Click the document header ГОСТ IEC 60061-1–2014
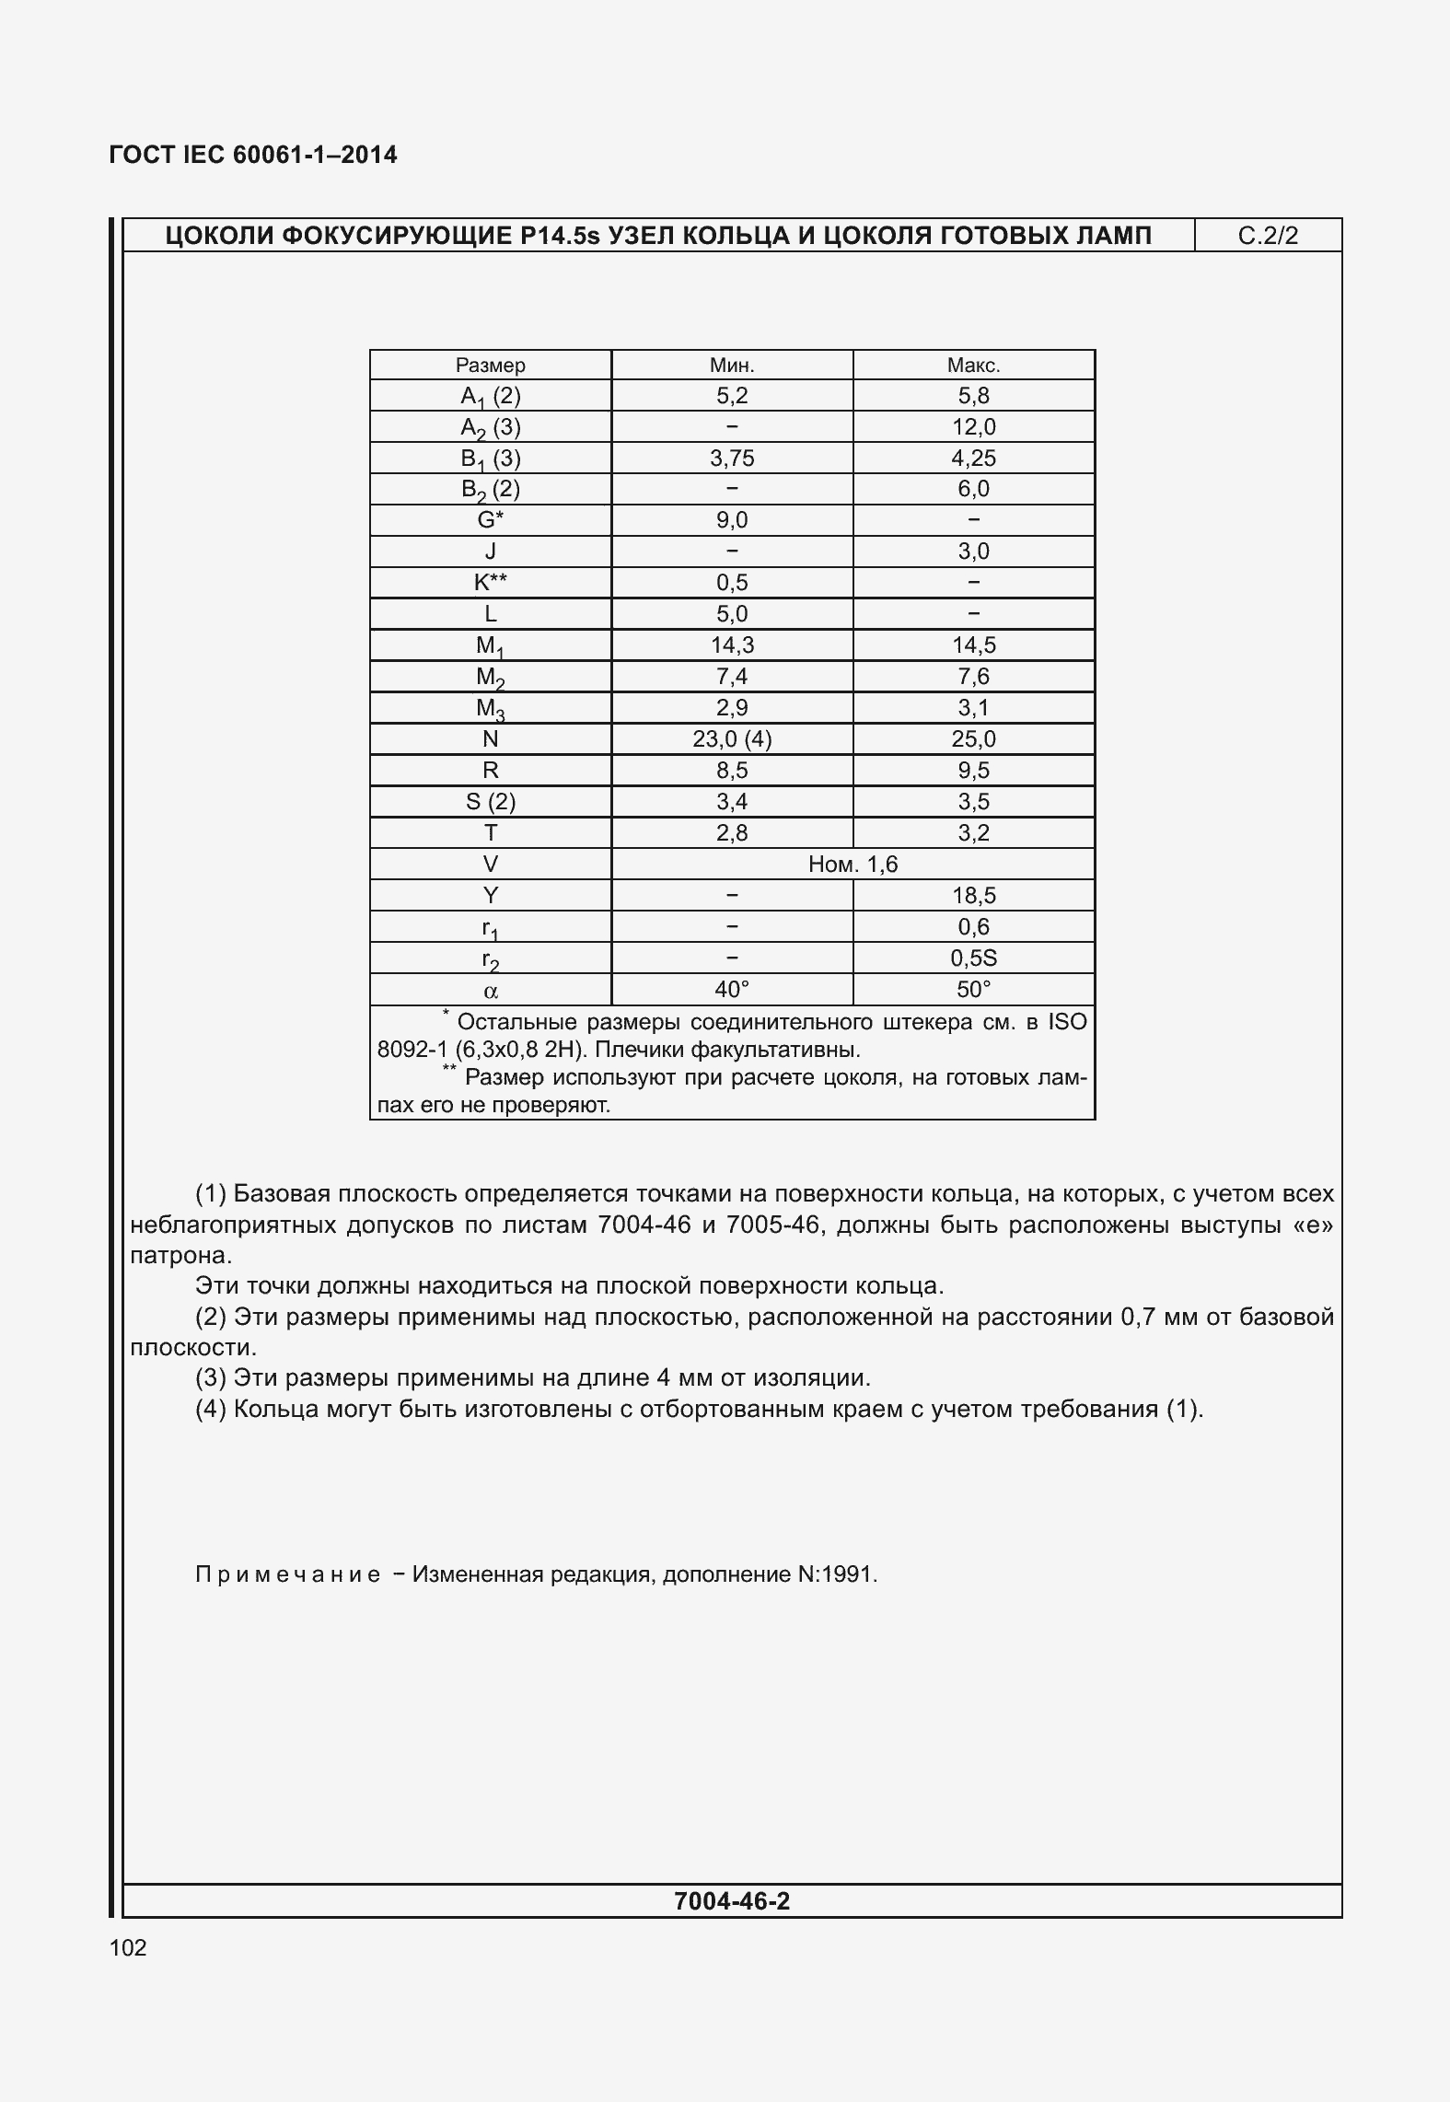point(253,155)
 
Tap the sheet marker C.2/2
point(1268,236)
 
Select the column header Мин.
point(732,366)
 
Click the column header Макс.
point(973,366)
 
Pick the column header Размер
point(491,366)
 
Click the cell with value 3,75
point(732,459)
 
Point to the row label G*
point(491,520)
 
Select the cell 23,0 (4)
point(732,739)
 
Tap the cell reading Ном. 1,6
point(853,865)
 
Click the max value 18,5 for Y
point(973,896)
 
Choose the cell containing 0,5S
point(973,958)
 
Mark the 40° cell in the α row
point(732,990)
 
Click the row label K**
point(491,583)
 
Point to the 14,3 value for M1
point(732,645)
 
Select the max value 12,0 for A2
point(973,427)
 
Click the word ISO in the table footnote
point(1067,1022)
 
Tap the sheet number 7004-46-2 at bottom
point(732,1901)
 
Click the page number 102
point(127,1947)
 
